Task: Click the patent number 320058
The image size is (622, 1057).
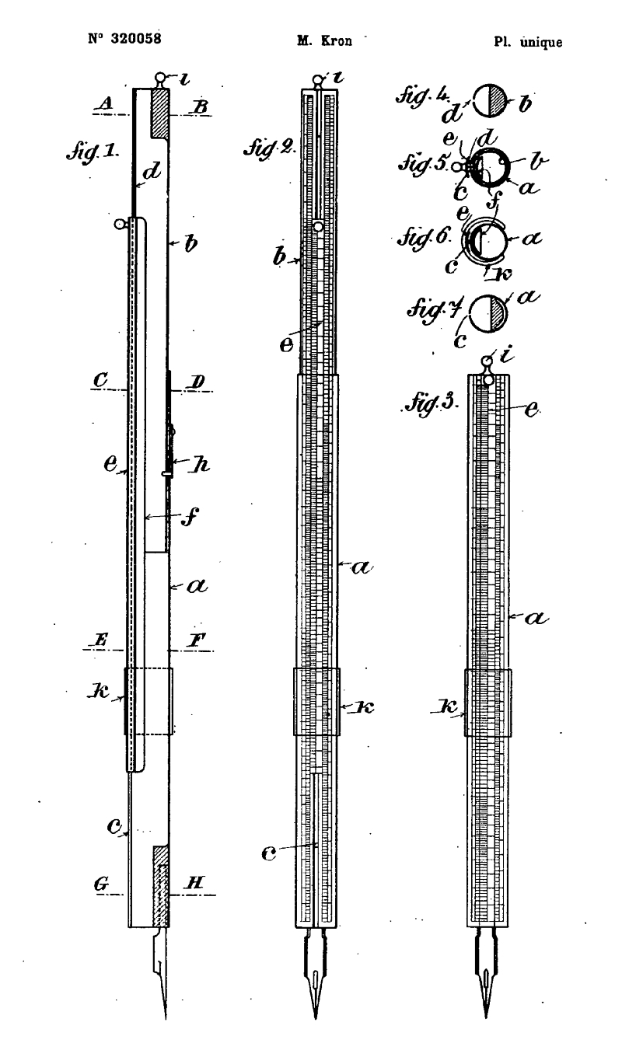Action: coord(136,38)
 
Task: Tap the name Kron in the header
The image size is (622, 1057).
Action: coord(336,41)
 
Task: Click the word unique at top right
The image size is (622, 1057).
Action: coord(541,42)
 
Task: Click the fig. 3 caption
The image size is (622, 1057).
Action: coord(431,403)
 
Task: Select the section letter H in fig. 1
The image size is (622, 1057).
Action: coord(194,883)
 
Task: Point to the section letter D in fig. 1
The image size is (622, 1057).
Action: coord(197,381)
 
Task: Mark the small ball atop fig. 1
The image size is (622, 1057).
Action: coord(160,77)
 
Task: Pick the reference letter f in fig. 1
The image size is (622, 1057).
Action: coord(190,516)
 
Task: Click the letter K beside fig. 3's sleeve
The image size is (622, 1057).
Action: coord(447,706)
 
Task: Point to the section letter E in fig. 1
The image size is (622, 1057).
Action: coord(100,640)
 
